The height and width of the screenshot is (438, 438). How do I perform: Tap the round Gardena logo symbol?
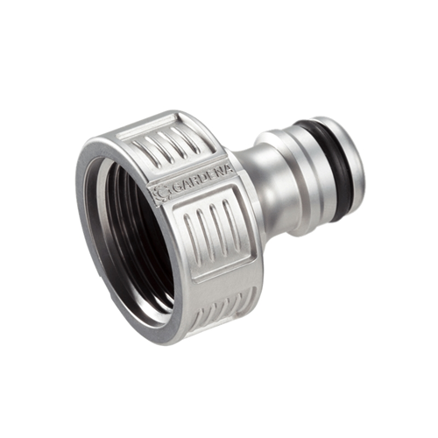pyautogui.click(x=162, y=193)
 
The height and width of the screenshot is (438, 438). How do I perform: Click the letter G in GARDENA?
pyautogui.click(x=176, y=189)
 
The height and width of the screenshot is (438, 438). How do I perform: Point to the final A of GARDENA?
pyautogui.click(x=230, y=171)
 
